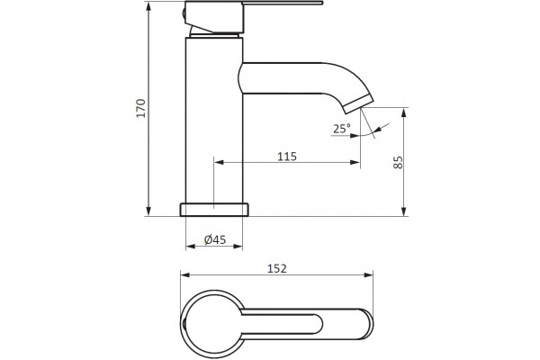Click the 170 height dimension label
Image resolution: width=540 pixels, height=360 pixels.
pyautogui.click(x=141, y=108)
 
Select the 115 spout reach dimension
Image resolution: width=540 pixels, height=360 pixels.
pyautogui.click(x=287, y=157)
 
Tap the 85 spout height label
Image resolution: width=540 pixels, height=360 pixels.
pyautogui.click(x=398, y=162)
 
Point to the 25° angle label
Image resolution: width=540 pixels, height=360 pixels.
pyautogui.click(x=341, y=129)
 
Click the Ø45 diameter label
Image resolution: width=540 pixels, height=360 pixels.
pyautogui.click(x=215, y=239)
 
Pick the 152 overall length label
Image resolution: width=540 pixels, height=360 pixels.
pyautogui.click(x=277, y=268)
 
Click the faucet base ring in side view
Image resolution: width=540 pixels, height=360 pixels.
pyautogui.click(x=214, y=210)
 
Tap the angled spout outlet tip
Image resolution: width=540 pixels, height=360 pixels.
pyautogui.click(x=359, y=104)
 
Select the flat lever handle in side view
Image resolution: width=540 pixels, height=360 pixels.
pyautogui.click(x=282, y=3)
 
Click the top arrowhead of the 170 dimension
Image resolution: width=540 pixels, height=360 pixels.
pyautogui.click(x=148, y=6)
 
